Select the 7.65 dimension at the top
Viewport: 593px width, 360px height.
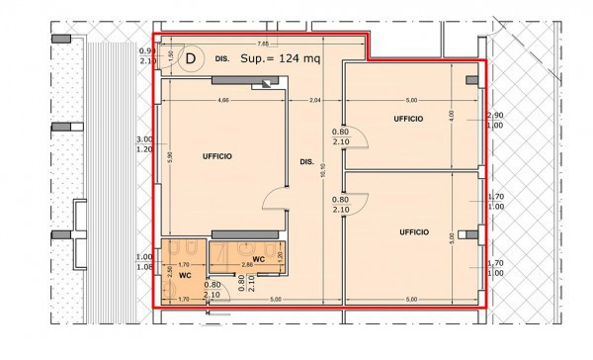263,44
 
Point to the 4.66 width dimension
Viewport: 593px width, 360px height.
224,101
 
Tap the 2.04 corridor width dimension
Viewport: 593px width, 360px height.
315,101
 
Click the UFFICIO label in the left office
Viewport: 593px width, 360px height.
218,156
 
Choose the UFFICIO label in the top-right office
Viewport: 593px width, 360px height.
408,119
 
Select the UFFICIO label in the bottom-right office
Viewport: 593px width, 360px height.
414,231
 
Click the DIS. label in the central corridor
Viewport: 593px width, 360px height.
306,161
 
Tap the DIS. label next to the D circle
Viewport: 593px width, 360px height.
221,59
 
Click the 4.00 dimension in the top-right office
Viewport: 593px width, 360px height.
453,116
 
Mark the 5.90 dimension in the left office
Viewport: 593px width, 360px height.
169,155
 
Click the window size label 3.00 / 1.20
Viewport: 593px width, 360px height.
145,144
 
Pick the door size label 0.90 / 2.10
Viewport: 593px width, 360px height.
145,55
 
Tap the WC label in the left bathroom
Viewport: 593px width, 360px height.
184,276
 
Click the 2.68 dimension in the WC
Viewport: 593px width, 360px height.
249,266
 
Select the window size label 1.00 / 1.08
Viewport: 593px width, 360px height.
145,262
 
